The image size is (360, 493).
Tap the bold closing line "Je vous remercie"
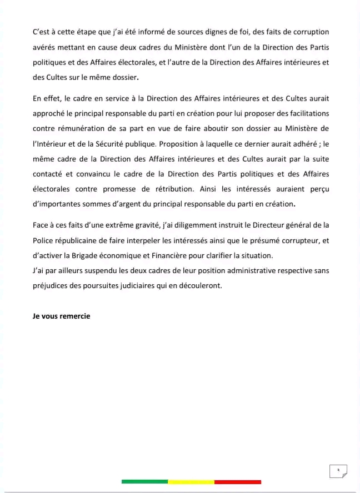(61, 316)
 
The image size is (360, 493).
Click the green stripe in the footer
(144, 481)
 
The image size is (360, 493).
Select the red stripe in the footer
(237, 481)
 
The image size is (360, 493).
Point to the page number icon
(338, 471)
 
